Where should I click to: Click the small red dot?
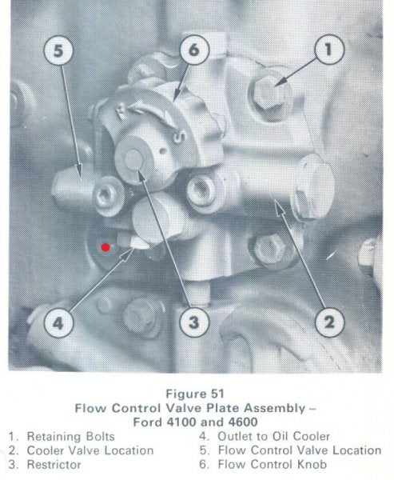click(105, 247)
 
